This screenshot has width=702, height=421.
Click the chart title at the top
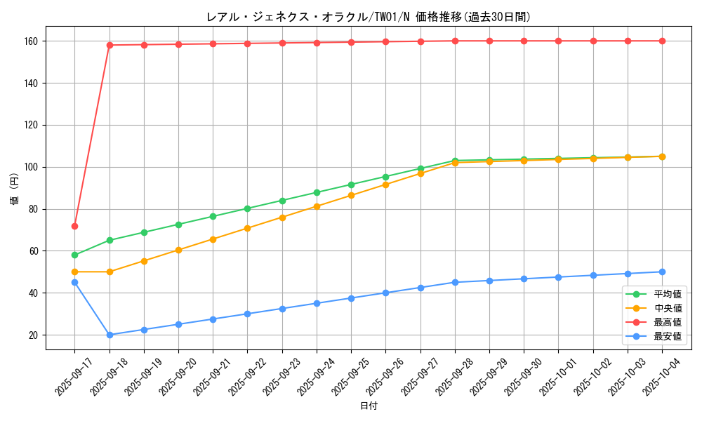(x=369, y=17)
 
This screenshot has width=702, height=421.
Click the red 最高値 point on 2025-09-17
(x=74, y=226)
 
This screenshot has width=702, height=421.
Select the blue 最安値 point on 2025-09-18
(x=110, y=335)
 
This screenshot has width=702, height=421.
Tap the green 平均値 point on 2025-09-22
(x=248, y=208)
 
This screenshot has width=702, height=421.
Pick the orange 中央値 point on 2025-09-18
(x=110, y=272)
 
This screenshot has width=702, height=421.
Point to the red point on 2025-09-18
(x=110, y=45)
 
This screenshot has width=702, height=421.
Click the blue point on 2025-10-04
(x=662, y=272)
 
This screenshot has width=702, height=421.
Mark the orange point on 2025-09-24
(x=317, y=206)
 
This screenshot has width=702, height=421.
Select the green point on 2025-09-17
(x=74, y=255)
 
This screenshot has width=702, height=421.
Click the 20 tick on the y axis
(x=34, y=335)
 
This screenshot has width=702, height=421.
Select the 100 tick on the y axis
(x=32, y=167)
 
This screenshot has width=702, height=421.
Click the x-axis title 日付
(x=369, y=406)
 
